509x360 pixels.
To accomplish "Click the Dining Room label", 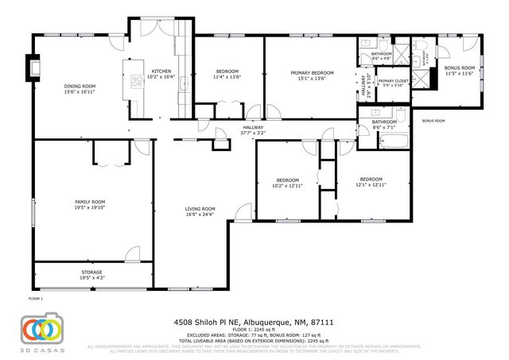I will (x=80, y=87).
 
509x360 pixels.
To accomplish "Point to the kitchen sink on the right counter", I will (x=182, y=84).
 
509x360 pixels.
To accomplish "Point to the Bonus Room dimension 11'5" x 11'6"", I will (x=460, y=74).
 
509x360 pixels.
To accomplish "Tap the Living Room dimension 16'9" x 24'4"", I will (x=200, y=214).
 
